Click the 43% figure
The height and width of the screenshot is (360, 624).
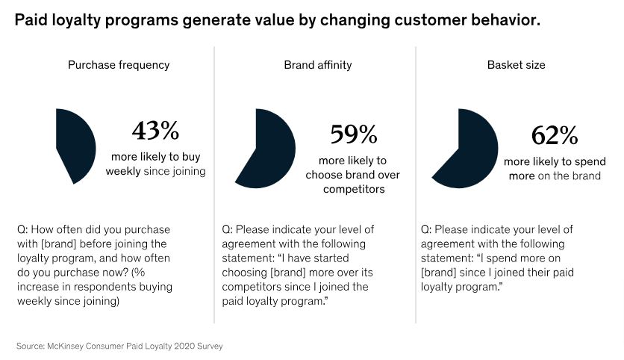coord(155,131)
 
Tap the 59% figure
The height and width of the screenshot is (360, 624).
coord(354,134)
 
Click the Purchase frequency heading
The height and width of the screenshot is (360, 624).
coord(119,65)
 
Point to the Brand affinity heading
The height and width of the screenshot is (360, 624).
coord(317,65)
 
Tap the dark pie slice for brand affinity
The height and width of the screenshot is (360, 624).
coord(270,149)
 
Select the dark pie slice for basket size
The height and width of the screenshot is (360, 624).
coord(469,149)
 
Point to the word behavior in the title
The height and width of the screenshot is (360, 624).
coord(502,21)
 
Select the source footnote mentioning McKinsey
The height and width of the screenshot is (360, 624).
coord(119,346)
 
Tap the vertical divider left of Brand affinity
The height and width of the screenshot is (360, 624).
coord(215,187)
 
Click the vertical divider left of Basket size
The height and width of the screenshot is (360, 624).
coord(415,187)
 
